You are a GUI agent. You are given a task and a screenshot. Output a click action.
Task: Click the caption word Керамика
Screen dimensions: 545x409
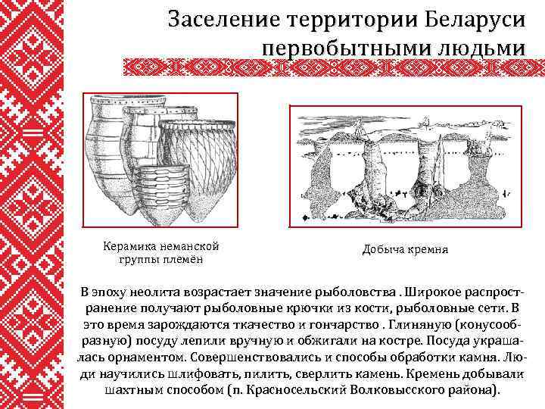[x=129, y=246]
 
